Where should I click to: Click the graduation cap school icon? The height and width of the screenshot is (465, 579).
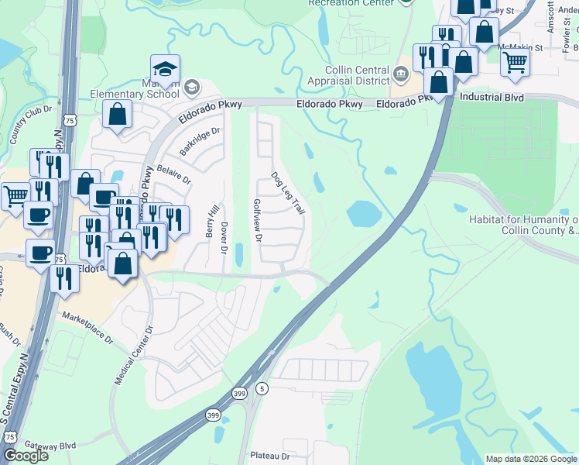click(166, 69)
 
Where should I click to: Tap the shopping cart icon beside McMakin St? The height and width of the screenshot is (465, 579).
click(515, 61)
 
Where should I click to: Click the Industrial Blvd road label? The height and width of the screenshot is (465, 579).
click(492, 98)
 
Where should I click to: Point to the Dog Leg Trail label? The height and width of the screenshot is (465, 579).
click(287, 193)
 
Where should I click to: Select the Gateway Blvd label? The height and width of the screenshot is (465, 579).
click(50, 446)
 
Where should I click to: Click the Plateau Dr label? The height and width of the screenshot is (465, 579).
click(269, 456)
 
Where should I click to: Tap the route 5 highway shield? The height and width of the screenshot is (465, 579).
click(262, 388)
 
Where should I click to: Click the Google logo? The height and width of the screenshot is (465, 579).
click(26, 456)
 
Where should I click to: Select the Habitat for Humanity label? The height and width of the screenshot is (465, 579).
click(523, 225)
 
